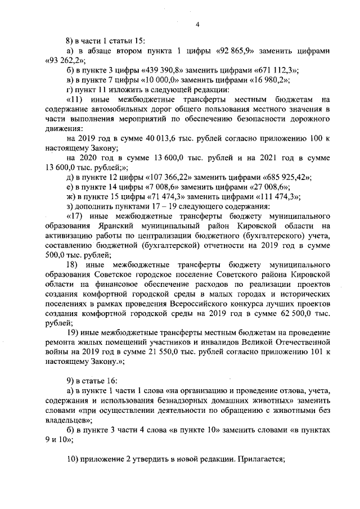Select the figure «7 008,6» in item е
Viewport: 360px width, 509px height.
(142, 186)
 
